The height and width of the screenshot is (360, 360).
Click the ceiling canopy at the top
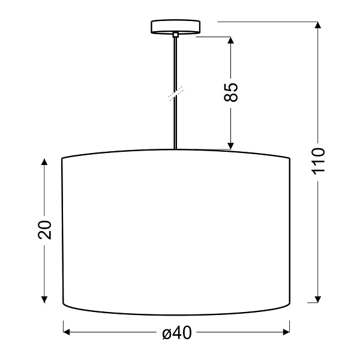[x=175, y=27]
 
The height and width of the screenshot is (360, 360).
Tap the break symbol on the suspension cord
[x=176, y=93]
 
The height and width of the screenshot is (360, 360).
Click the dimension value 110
[x=318, y=160]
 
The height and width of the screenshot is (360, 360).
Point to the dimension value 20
[x=45, y=229]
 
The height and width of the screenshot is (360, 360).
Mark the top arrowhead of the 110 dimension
[x=318, y=26]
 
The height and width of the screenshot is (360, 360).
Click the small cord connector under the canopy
[x=175, y=35]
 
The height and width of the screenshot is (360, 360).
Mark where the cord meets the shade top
[x=175, y=148]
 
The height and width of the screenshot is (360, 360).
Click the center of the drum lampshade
[x=176, y=231]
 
